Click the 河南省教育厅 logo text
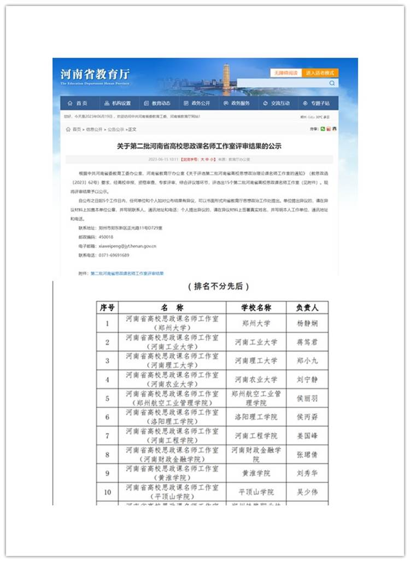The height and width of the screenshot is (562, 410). pyautogui.click(x=95, y=75)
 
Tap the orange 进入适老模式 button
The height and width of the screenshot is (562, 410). pyautogui.click(x=321, y=73)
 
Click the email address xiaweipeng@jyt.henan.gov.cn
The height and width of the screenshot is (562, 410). pyautogui.click(x=127, y=246)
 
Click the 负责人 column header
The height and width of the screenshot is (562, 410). pyautogui.click(x=307, y=308)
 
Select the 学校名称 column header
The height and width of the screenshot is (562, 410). pyautogui.click(x=256, y=308)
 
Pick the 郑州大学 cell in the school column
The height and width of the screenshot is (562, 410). pyautogui.click(x=256, y=323)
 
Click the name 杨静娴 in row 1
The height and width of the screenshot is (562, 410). pyautogui.click(x=307, y=323)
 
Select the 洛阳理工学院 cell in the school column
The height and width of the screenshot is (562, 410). pyautogui.click(x=256, y=417)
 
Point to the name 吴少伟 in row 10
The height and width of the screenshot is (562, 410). pyautogui.click(x=307, y=492)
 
